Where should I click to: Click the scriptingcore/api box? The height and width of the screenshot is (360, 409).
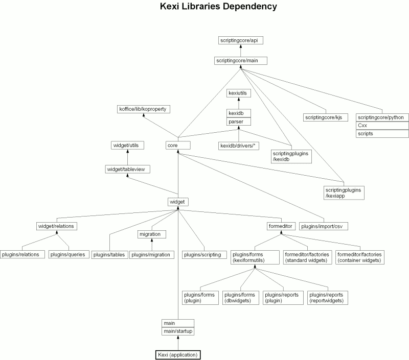tap(240, 40)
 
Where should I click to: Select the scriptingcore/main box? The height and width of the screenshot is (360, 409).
tap(240, 61)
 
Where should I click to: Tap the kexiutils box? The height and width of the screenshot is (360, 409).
tap(239, 93)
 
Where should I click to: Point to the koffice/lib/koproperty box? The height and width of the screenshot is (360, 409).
tap(144, 109)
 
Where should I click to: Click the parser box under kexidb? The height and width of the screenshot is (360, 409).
tap(239, 122)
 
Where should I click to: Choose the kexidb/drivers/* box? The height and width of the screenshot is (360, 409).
tap(238, 146)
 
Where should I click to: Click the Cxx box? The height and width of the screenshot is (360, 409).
tap(382, 126)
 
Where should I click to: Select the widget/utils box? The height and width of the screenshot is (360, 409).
tap(127, 146)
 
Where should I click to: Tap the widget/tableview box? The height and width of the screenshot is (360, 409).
tap(127, 170)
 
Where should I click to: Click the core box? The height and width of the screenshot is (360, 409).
tap(178, 146)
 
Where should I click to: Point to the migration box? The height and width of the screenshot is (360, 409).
tap(152, 234)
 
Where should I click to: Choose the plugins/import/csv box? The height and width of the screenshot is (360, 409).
tap(324, 226)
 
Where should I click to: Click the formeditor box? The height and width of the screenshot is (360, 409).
tap(281, 226)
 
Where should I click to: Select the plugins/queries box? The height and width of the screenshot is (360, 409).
tap(69, 254)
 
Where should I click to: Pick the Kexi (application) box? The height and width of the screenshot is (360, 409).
tap(178, 355)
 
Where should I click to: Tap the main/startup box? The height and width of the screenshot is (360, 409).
tap(178, 331)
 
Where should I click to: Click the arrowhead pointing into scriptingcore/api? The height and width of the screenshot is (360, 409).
tap(241, 46)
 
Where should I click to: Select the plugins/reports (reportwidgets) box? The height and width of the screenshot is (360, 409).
tap(328, 298)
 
